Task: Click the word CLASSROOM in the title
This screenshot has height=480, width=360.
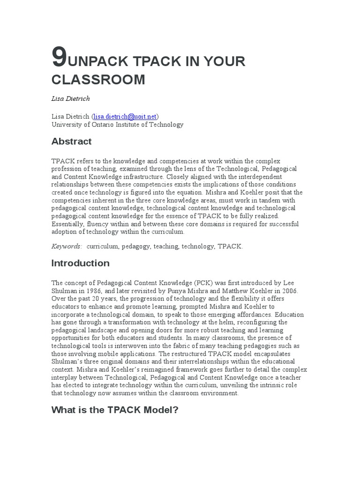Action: pos(98,80)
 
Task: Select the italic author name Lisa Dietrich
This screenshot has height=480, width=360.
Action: pos(70,98)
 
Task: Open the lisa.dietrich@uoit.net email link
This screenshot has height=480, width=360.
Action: pos(125,116)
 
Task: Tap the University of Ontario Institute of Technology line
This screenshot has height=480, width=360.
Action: pos(117,125)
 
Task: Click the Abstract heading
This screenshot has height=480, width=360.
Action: pos(71,141)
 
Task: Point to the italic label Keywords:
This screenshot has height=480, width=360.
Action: pos(67,247)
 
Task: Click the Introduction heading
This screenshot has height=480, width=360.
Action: pos(80,263)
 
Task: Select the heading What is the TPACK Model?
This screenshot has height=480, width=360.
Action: pos(115,410)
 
